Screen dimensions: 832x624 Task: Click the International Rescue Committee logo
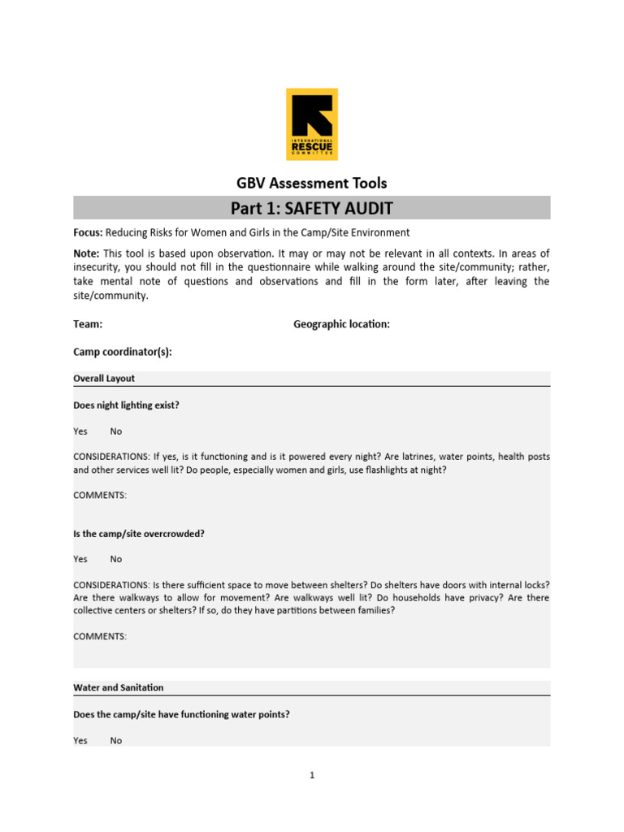312,124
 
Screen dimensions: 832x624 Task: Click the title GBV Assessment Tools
311,183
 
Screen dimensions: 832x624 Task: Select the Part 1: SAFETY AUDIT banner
311,208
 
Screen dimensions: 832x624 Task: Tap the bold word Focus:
86,233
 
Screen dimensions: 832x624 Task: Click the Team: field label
88,324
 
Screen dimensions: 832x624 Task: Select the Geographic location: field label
341,324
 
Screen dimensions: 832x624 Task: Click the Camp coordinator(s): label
123,352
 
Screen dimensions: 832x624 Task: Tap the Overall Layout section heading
104,379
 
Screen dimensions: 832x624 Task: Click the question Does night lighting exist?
126,405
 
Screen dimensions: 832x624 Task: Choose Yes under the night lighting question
80,431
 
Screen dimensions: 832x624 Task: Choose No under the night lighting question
116,431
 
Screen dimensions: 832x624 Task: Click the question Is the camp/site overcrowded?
139,534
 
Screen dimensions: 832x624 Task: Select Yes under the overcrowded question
80,559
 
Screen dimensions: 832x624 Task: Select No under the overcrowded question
116,559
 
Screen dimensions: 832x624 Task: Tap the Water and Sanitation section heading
119,687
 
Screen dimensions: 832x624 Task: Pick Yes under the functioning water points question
80,740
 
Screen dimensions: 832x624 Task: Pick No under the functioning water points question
116,740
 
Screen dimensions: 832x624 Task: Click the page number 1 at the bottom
312,775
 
